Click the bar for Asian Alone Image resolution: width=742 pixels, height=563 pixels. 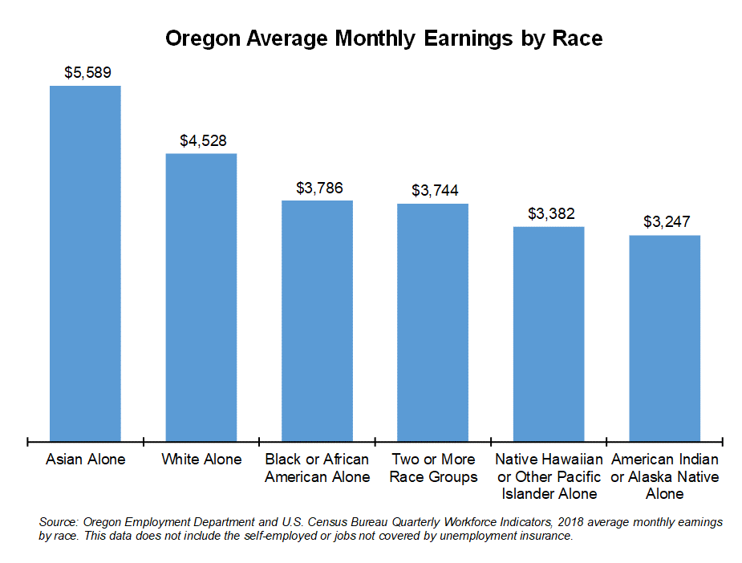pyautogui.click(x=85, y=262)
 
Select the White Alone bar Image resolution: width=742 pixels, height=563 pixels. pyautogui.click(x=201, y=296)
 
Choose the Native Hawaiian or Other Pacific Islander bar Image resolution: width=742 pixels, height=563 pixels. pyautogui.click(x=549, y=333)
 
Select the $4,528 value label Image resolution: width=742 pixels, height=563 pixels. pyautogui.click(x=203, y=140)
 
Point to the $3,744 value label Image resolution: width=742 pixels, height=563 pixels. pyautogui.click(x=435, y=191)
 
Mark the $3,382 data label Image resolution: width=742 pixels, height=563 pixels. pyautogui.click(x=551, y=214)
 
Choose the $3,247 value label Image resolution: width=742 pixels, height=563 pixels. pyautogui.click(x=667, y=222)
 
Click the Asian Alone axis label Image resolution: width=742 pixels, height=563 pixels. pyautogui.click(x=86, y=460)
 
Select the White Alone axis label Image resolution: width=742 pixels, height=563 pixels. pyautogui.click(x=201, y=460)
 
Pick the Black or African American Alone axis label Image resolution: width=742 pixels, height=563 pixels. pyautogui.click(x=317, y=468)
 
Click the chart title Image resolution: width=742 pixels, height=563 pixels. pyautogui.click(x=383, y=38)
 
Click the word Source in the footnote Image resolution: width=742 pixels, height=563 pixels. pyautogui.click(x=58, y=522)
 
